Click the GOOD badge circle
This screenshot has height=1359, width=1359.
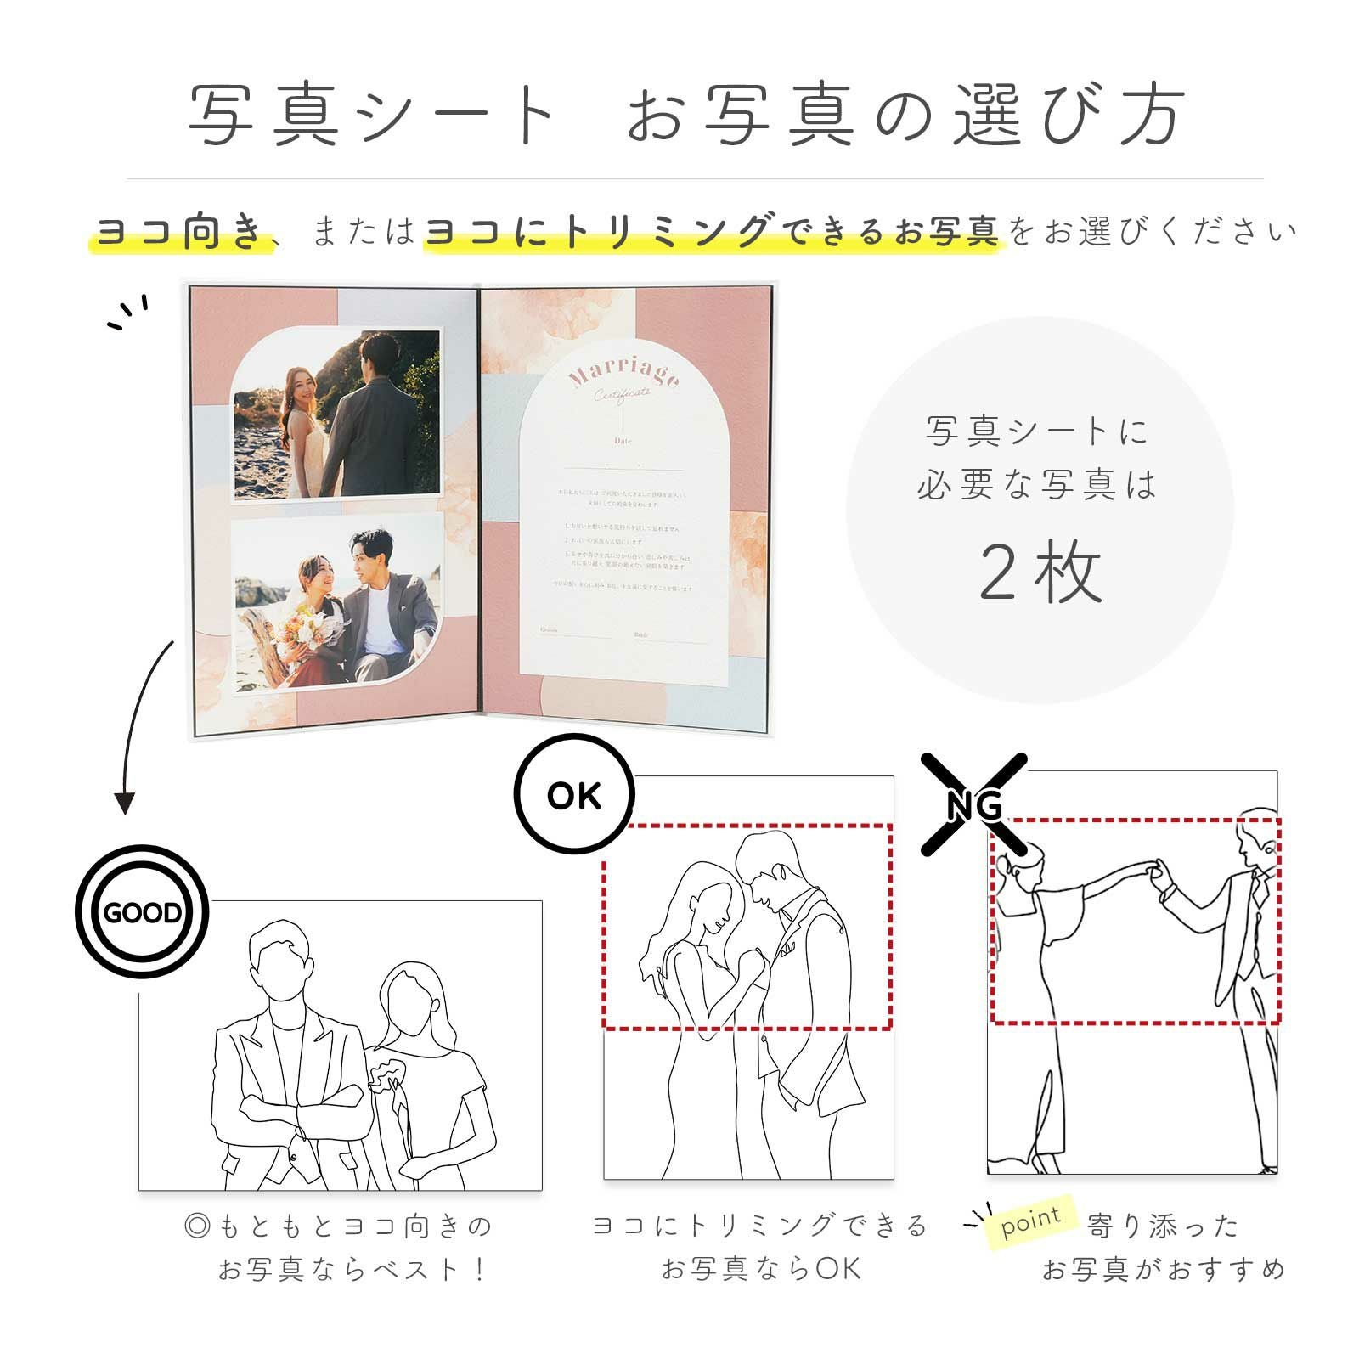click(142, 912)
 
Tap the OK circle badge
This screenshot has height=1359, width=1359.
click(574, 795)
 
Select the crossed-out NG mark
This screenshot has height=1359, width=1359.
click(974, 804)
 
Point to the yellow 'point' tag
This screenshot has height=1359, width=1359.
click(1031, 1221)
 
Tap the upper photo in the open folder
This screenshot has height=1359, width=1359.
click(337, 414)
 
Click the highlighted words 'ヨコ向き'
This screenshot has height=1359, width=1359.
click(181, 231)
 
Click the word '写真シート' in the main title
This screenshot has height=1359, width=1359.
click(372, 115)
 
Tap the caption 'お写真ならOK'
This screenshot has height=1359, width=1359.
click(761, 1269)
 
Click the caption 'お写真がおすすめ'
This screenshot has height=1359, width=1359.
click(1163, 1269)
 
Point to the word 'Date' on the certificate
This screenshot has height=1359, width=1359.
click(623, 442)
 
